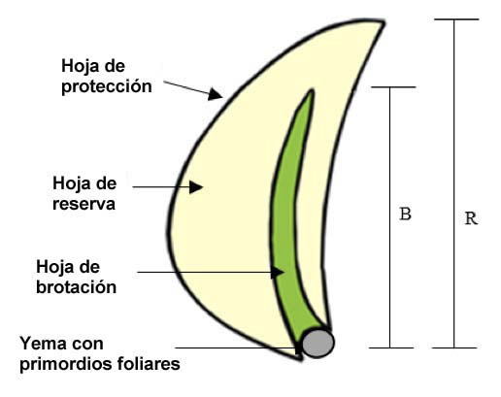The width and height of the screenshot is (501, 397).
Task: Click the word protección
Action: pyautogui.click(x=107, y=86)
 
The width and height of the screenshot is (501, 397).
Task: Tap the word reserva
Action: pyautogui.click(x=83, y=204)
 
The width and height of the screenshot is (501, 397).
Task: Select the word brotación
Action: pyautogui.click(x=76, y=287)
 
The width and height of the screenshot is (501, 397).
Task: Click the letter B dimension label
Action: pyautogui.click(x=405, y=214)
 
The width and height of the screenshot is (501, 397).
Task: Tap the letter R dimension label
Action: pyautogui.click(x=471, y=218)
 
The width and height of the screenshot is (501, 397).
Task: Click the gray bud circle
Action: pyautogui.click(x=318, y=343)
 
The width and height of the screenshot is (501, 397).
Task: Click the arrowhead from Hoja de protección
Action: pyautogui.click(x=215, y=94)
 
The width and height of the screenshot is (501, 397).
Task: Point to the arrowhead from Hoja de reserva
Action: pyautogui.click(x=196, y=187)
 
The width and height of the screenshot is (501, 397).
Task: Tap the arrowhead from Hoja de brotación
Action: pyautogui.click(x=278, y=272)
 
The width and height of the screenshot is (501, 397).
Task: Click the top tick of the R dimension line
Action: pyautogui.click(x=456, y=19)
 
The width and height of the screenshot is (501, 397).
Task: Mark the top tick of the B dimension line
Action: pyautogui.click(x=393, y=87)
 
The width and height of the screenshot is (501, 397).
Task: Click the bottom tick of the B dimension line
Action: pyautogui.click(x=391, y=347)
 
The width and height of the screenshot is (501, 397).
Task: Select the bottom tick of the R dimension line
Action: pyautogui.click(x=454, y=347)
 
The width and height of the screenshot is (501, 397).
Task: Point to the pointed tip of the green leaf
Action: pyautogui.click(x=312, y=90)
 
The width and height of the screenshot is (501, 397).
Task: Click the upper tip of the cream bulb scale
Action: pyautogui.click(x=383, y=22)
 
